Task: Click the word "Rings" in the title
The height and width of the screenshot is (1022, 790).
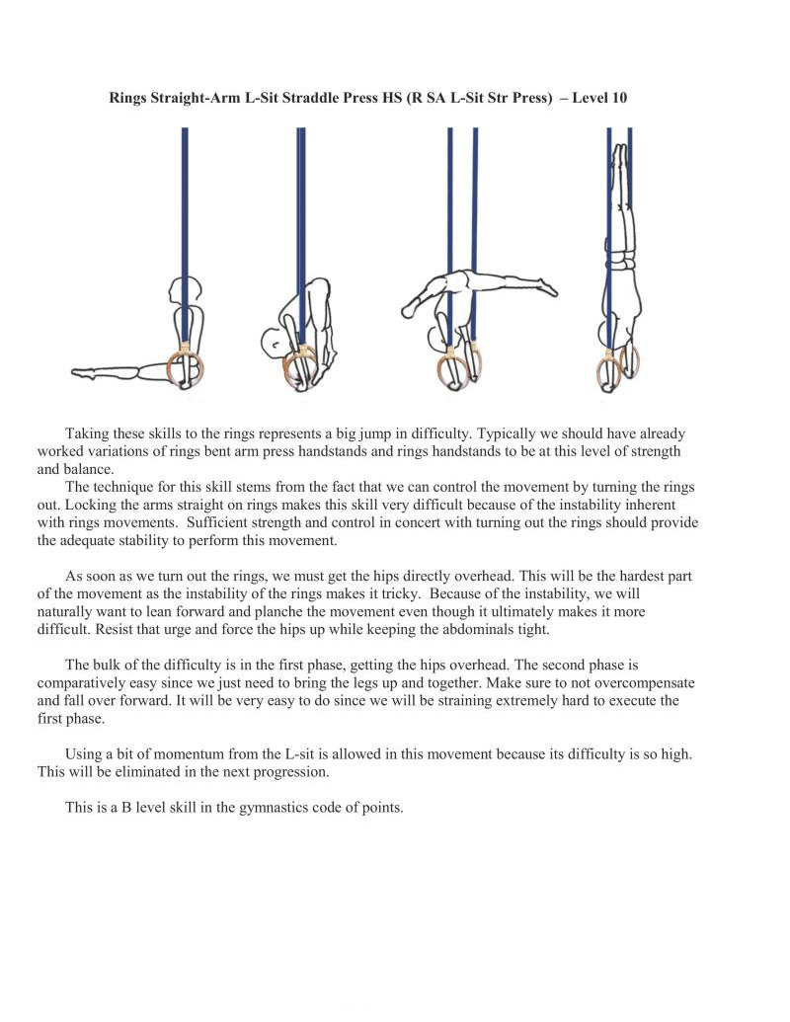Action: pyautogui.click(x=128, y=99)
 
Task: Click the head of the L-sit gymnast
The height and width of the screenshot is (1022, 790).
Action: pyautogui.click(x=187, y=292)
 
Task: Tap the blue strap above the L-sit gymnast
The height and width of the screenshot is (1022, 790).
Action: pyautogui.click(x=185, y=197)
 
